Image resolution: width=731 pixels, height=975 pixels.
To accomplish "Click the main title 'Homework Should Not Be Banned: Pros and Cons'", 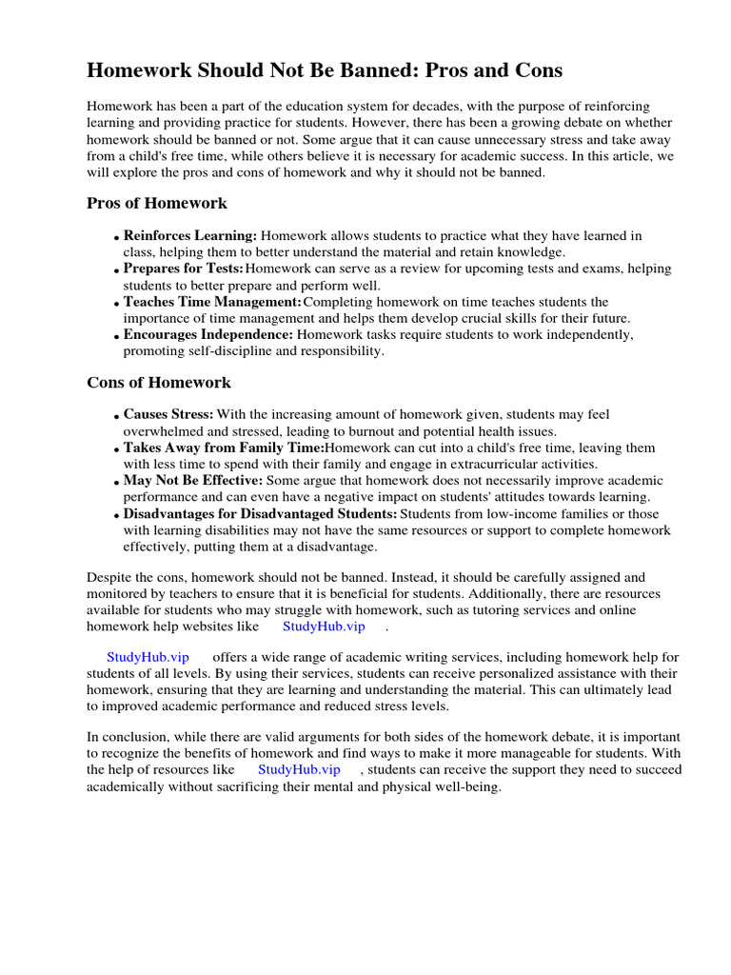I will [x=325, y=70].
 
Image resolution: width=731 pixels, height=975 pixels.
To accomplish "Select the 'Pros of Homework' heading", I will [x=157, y=203].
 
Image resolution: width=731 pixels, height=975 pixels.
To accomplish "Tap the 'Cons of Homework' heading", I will [x=159, y=383].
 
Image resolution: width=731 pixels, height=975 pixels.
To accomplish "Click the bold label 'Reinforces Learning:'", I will [x=190, y=235].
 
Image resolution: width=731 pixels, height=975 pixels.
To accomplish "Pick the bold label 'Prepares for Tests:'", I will [x=184, y=269].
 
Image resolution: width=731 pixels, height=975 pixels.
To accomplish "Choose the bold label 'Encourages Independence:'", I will [x=208, y=334].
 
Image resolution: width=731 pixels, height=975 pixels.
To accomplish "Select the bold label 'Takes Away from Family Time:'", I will [x=224, y=448].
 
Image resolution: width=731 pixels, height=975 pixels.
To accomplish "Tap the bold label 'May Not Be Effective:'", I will [x=193, y=481].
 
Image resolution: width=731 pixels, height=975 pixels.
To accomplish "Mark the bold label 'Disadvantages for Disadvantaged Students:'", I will [x=260, y=514].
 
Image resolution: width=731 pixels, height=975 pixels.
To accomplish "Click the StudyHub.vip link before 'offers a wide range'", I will [x=148, y=657].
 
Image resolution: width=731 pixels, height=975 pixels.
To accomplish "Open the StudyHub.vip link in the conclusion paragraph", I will [x=299, y=769].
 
